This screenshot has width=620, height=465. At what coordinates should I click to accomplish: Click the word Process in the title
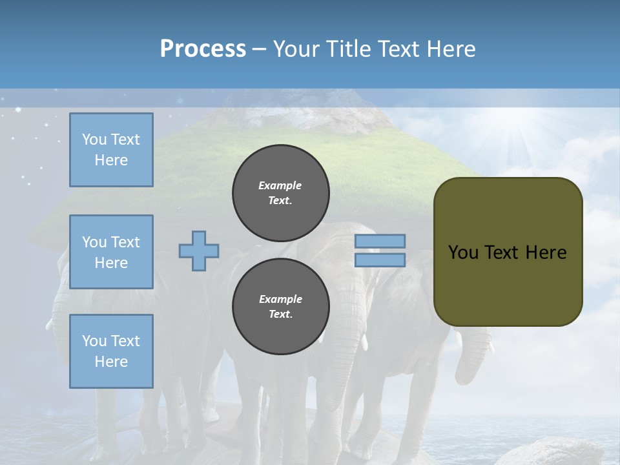[203, 49]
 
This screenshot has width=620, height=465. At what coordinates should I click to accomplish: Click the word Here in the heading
[452, 49]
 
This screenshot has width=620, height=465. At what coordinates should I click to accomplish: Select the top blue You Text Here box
[111, 150]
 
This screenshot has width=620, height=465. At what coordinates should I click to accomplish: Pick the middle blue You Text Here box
[111, 252]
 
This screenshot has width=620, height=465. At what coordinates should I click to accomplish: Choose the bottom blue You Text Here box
[111, 351]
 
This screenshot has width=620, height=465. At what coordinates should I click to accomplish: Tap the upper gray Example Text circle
[280, 193]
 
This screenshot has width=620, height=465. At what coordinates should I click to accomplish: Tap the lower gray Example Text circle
[280, 307]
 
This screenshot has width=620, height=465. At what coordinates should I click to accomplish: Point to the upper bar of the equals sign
[380, 241]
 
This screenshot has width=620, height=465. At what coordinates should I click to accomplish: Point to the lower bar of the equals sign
[380, 260]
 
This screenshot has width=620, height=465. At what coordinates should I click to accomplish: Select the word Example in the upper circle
[280, 185]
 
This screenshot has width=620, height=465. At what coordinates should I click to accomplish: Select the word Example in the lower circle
[280, 299]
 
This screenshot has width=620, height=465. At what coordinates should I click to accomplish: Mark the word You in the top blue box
[94, 139]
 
